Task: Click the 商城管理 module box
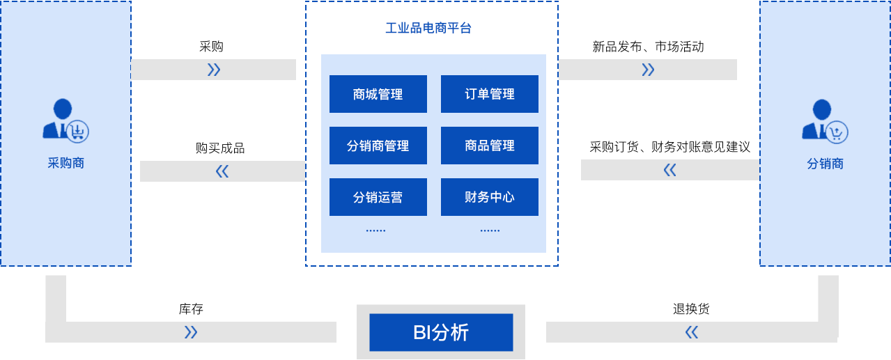[378, 94]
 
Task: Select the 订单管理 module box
[489, 94]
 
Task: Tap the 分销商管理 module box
[378, 146]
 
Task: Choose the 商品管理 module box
[489, 146]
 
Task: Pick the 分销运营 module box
[378, 197]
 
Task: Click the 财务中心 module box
[489, 197]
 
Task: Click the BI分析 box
[441, 332]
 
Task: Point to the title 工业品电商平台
[428, 29]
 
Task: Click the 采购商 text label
[66, 164]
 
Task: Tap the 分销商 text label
[826, 164]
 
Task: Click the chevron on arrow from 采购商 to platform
[214, 70]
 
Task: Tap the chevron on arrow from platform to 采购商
[222, 171]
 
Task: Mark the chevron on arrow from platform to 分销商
[648, 70]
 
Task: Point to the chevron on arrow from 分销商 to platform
[670, 170]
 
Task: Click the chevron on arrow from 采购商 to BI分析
[190, 332]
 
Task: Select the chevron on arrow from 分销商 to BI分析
[691, 332]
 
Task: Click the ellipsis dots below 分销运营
[376, 230]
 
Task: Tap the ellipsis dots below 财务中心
[490, 230]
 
